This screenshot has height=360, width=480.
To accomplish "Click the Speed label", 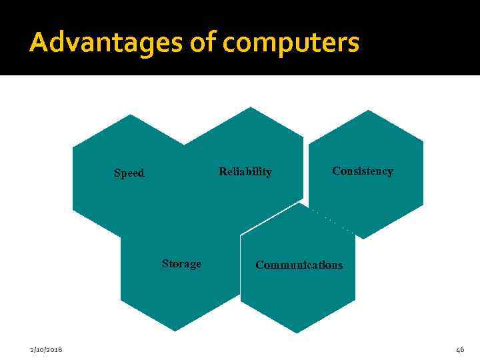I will [x=129, y=173].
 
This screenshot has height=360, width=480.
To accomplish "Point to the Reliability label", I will [x=245, y=172].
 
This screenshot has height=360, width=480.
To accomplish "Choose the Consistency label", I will [x=363, y=171].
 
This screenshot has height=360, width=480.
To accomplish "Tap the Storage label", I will [x=181, y=264].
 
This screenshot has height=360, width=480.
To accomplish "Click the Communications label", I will [x=299, y=265].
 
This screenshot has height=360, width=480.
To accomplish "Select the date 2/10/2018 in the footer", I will [x=47, y=350].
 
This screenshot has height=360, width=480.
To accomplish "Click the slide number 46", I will [x=459, y=350].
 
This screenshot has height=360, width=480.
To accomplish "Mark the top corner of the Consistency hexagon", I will [x=368, y=110].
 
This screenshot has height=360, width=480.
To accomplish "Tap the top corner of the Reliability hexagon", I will [x=249, y=107].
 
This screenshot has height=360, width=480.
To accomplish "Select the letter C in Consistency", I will [x=336, y=171].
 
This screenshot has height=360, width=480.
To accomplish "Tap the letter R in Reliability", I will [x=223, y=172].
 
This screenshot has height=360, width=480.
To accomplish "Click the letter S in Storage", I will [x=165, y=264].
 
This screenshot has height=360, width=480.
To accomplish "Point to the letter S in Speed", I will [x=117, y=173].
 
